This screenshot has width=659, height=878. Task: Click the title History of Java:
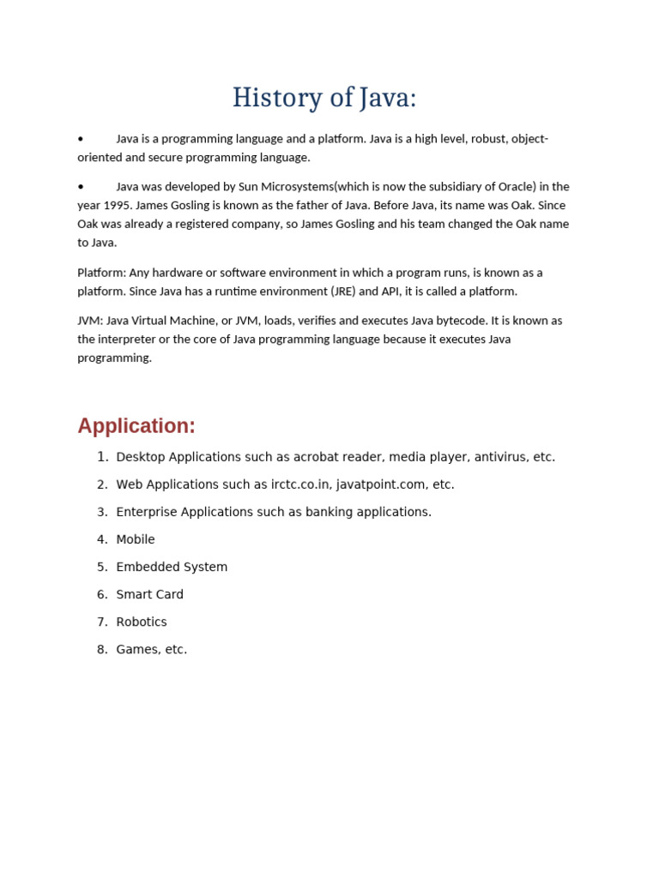click(x=324, y=99)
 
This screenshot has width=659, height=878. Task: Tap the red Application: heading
click(x=136, y=426)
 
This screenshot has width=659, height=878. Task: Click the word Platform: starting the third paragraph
click(x=101, y=273)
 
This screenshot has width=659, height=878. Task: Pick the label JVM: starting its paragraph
click(x=90, y=321)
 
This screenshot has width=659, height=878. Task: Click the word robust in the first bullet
click(x=488, y=139)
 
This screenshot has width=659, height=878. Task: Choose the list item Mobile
click(x=136, y=539)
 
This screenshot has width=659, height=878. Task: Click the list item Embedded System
click(x=172, y=567)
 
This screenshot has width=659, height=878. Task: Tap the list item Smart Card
click(x=149, y=594)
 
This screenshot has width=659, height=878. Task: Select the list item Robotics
click(x=142, y=622)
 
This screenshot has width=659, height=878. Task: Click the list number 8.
click(x=102, y=649)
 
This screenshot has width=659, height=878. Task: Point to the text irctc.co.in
click(x=300, y=484)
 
